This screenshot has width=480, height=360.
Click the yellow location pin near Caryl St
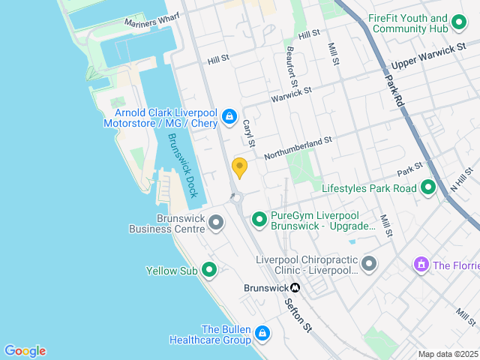(240, 167)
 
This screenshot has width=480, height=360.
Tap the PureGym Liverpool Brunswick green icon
(259, 219)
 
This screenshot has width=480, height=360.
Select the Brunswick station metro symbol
(295, 287)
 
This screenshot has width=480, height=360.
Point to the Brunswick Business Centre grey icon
(216, 223)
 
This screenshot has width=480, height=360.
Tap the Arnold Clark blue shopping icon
(229, 117)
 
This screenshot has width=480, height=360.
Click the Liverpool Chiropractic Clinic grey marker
(368, 264)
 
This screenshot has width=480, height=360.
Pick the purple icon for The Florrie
(420, 265)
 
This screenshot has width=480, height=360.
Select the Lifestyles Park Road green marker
(428, 187)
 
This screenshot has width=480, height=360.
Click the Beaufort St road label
(292, 65)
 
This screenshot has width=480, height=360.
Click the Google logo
(25, 351)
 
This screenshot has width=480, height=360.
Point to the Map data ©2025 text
(448, 354)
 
